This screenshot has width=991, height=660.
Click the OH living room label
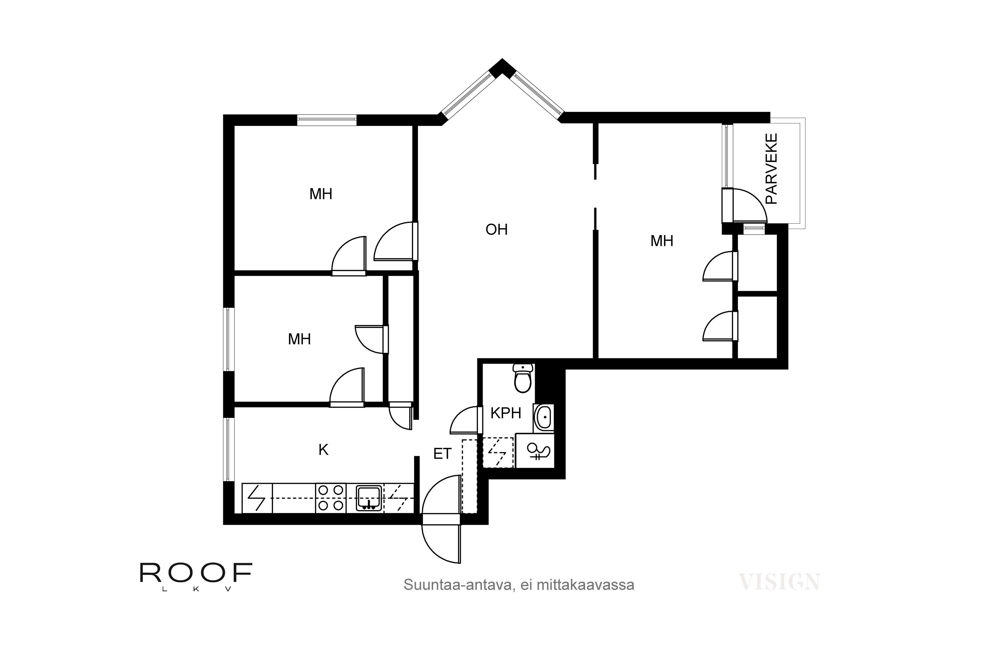(496, 229)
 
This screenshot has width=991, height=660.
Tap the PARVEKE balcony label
(771, 169)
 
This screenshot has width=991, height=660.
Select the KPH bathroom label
(506, 413)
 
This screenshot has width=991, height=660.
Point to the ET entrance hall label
(442, 453)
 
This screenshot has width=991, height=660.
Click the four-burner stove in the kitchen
(330, 498)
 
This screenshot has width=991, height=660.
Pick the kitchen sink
(369, 498)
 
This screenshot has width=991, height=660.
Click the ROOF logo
(196, 577)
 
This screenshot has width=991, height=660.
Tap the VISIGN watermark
(780, 582)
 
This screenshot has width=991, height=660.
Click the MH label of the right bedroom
(662, 241)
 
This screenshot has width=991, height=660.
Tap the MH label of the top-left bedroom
(321, 194)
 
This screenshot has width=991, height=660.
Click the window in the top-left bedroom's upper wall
(327, 120)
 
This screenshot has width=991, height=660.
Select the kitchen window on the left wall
(228, 449)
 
